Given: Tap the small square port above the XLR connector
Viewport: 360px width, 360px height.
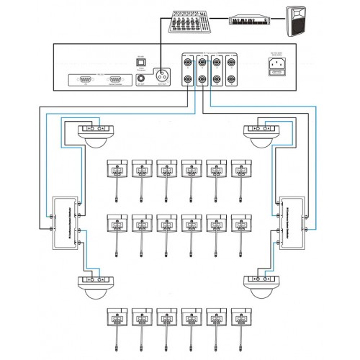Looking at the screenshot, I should [x=140, y=63].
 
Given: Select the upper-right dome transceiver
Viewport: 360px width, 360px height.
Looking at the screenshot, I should [x=259, y=134].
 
